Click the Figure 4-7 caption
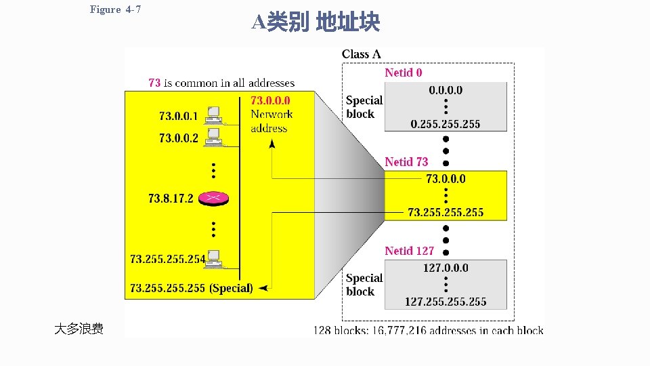tap(115, 9)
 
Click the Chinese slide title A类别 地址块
tap(316, 23)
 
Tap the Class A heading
tap(361, 54)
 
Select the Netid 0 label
tap(404, 73)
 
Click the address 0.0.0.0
tap(446, 90)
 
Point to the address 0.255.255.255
tap(446, 124)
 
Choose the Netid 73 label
tap(406, 162)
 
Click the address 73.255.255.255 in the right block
tap(446, 213)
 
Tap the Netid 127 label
tap(409, 251)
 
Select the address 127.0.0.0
tap(446, 268)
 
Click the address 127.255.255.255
tap(446, 302)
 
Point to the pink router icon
tap(213, 198)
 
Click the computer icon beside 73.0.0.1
tap(214, 116)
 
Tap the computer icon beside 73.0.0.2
tap(214, 138)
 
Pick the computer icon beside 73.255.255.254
tap(215, 258)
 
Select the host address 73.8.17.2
tap(171, 199)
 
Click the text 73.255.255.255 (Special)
tap(192, 288)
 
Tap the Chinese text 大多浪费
tap(79, 329)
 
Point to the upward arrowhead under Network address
tap(272, 143)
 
